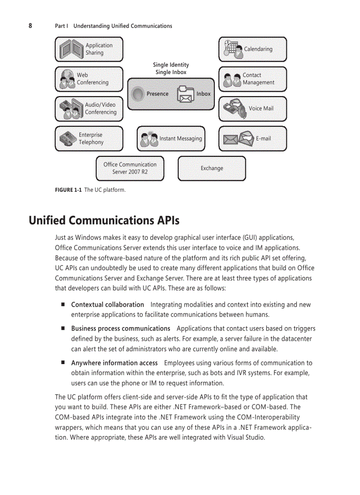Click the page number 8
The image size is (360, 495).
click(x=30, y=26)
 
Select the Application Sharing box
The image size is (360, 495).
click(x=89, y=49)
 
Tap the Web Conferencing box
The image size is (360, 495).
click(x=89, y=79)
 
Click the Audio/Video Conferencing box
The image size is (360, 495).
click(x=89, y=108)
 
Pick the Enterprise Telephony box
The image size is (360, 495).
click(x=89, y=138)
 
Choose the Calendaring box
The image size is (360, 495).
click(x=252, y=49)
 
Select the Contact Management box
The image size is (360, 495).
click(x=252, y=79)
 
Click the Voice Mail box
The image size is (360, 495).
click(x=252, y=108)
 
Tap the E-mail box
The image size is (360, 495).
click(x=252, y=138)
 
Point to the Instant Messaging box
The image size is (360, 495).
click(x=171, y=138)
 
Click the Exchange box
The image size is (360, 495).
click(x=212, y=168)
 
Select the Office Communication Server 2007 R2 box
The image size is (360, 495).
click(x=130, y=168)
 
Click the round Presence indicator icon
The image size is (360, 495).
click(x=139, y=93)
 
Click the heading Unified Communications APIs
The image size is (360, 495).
click(x=104, y=220)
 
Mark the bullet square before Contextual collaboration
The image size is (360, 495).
click(x=63, y=304)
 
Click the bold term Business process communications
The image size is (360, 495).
click(x=120, y=328)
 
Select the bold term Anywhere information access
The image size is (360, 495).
click(x=114, y=363)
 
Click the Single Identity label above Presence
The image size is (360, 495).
click(x=171, y=65)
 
